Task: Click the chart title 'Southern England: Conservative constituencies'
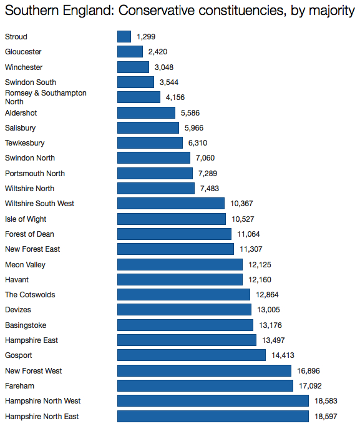pyautogui.click(x=180, y=11)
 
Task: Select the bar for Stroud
pyautogui.click(x=124, y=37)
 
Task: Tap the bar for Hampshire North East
pyautogui.click(x=213, y=416)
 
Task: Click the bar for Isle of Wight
pyautogui.click(x=172, y=219)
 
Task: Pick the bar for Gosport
pyautogui.click(x=192, y=355)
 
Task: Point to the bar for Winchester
pyautogui.click(x=133, y=67)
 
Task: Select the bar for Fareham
pyautogui.click(x=205, y=385)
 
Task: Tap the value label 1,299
pyautogui.click(x=146, y=37)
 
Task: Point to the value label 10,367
pyautogui.click(x=241, y=204)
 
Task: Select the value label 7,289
pyautogui.click(x=208, y=173)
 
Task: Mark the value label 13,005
pyautogui.click(x=268, y=310)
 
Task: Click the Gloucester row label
pyautogui.click(x=23, y=52)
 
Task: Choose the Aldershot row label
pyautogui.click(x=21, y=112)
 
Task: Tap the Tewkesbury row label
pyautogui.click(x=24, y=143)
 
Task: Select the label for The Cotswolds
pyautogui.click(x=30, y=295)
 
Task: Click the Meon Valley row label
pyautogui.click(x=25, y=264)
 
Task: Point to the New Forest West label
pyautogui.click(x=33, y=370)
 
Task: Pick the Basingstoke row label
pyautogui.click(x=26, y=325)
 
